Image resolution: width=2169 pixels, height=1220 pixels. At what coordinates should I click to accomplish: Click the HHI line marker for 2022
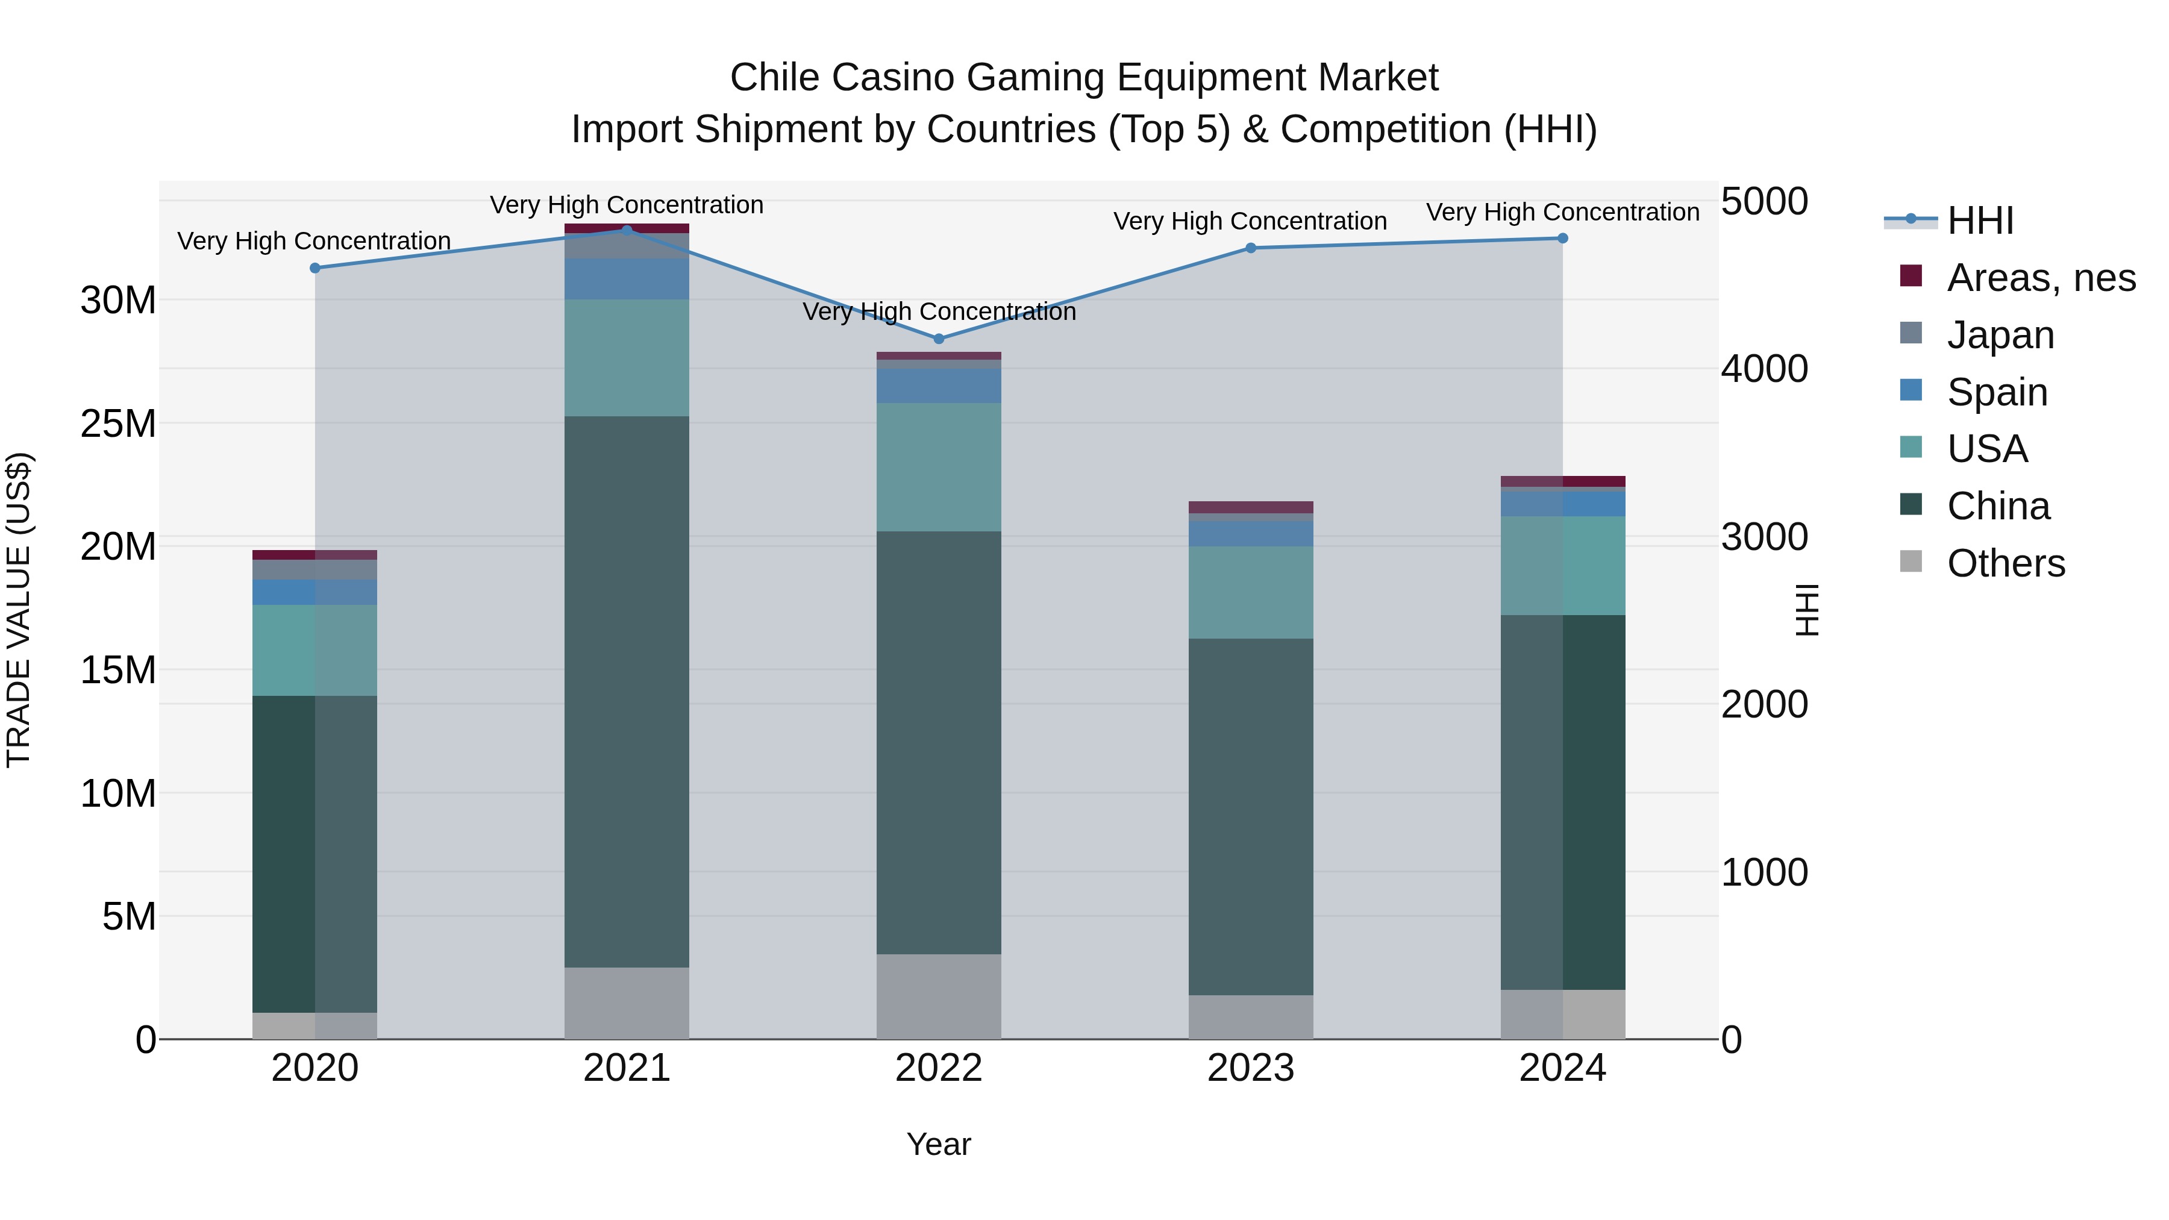tap(939, 339)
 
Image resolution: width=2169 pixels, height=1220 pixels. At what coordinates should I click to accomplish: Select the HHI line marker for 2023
tap(1250, 248)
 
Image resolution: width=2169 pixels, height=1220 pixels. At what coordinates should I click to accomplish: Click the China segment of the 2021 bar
tap(627, 690)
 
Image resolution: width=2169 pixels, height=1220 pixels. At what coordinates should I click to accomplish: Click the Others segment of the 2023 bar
tap(1250, 1016)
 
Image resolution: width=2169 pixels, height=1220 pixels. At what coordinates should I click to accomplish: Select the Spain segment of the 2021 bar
tap(627, 279)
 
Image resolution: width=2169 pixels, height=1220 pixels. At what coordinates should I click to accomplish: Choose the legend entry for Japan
tap(2000, 334)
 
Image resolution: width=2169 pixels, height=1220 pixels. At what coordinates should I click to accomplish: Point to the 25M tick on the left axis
tap(118, 424)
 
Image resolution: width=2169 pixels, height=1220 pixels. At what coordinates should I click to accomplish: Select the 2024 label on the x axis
tap(1562, 1068)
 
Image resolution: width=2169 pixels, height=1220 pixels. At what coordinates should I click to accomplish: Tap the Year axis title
tap(938, 1144)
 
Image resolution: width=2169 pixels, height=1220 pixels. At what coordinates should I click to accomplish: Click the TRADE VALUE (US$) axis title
tap(19, 610)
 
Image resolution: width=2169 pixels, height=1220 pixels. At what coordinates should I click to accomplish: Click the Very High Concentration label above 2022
tap(939, 311)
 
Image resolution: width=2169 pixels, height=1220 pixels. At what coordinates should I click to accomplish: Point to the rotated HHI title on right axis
tap(1807, 610)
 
